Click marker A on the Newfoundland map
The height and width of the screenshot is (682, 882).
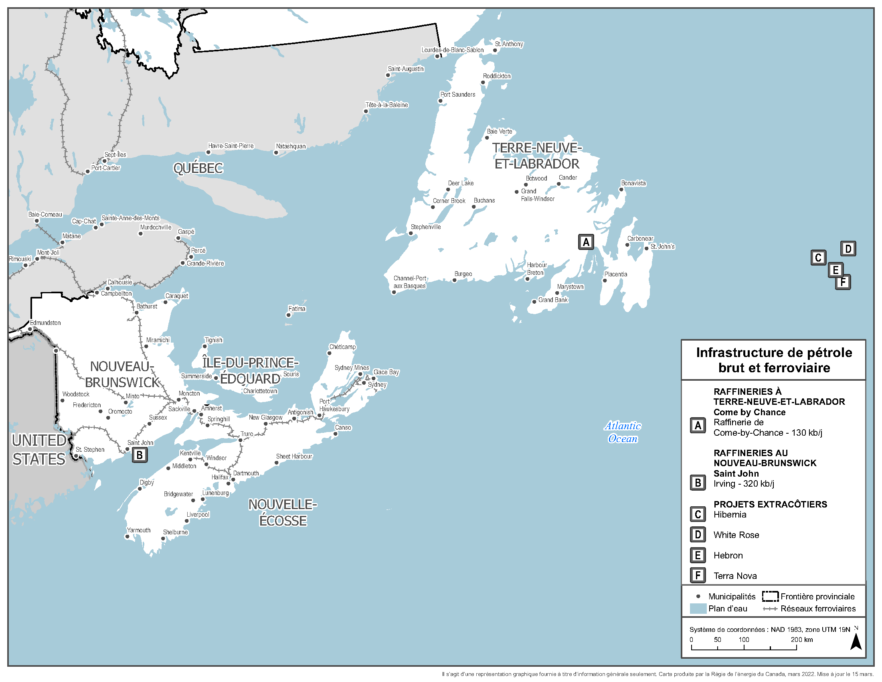(586, 242)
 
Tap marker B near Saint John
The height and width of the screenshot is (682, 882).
(140, 455)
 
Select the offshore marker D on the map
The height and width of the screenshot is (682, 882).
(848, 248)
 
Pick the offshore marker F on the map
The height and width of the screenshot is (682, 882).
(843, 282)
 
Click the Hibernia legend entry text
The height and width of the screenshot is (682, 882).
(729, 514)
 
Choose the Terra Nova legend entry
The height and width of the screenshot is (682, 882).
(734, 576)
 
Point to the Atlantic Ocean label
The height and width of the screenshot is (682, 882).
(622, 432)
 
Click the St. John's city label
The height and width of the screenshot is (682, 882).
(662, 246)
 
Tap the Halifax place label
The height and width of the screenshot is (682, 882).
(220, 477)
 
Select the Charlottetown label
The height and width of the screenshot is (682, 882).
(260, 391)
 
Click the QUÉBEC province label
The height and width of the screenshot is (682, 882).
(198, 168)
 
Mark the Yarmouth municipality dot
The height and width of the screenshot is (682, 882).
(127, 536)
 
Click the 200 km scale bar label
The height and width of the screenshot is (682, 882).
(801, 639)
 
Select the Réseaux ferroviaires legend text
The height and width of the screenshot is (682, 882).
(818, 609)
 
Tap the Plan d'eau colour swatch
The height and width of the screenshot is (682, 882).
(698, 609)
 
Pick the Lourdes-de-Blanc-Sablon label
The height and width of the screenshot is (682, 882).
(452, 50)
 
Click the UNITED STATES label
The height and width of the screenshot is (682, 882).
(39, 450)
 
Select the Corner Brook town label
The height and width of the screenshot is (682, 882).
(449, 201)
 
